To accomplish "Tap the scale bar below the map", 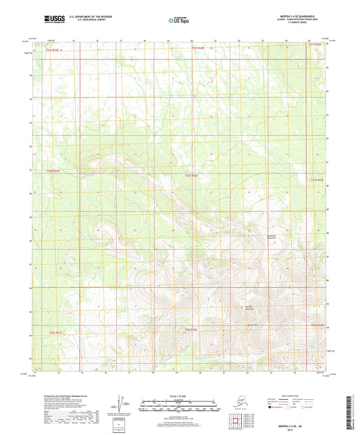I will point(180,407).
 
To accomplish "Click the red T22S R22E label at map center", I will point(192,176).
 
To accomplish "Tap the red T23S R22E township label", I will point(192,329).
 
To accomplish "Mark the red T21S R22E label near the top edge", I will point(197,48).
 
